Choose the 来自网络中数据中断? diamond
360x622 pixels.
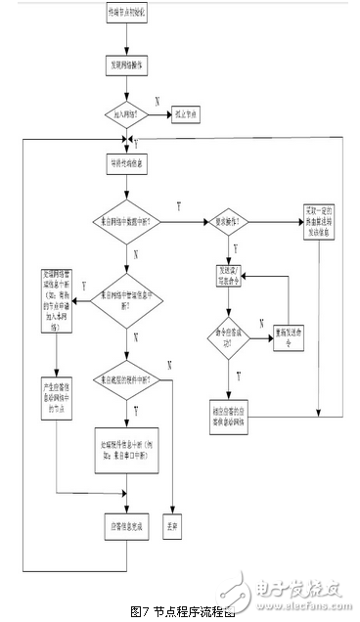tap(130, 224)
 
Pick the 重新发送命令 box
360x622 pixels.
tap(291, 332)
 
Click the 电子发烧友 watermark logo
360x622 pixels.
tap(293, 590)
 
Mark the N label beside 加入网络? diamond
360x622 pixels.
tap(157, 102)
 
